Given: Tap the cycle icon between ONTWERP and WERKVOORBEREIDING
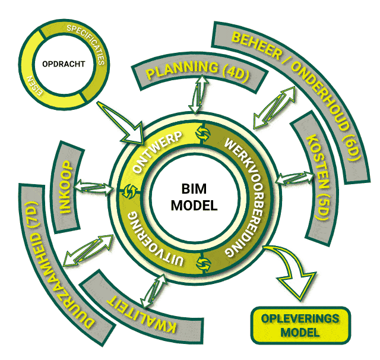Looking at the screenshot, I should click(x=201, y=134).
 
